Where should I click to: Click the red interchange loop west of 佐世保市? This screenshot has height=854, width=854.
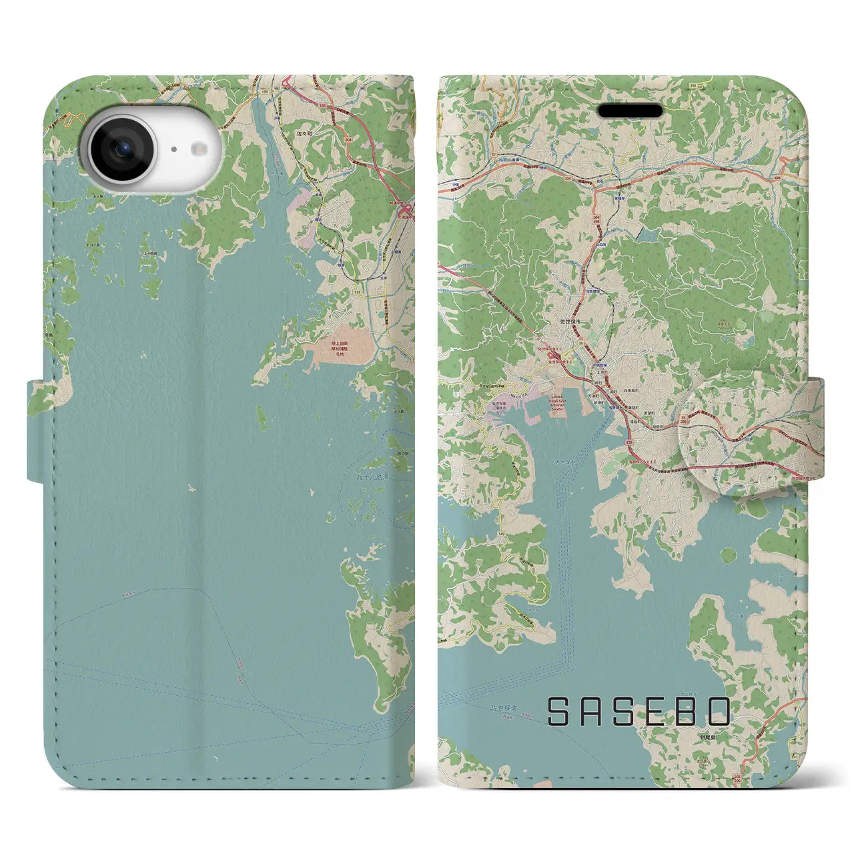[x=553, y=361]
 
